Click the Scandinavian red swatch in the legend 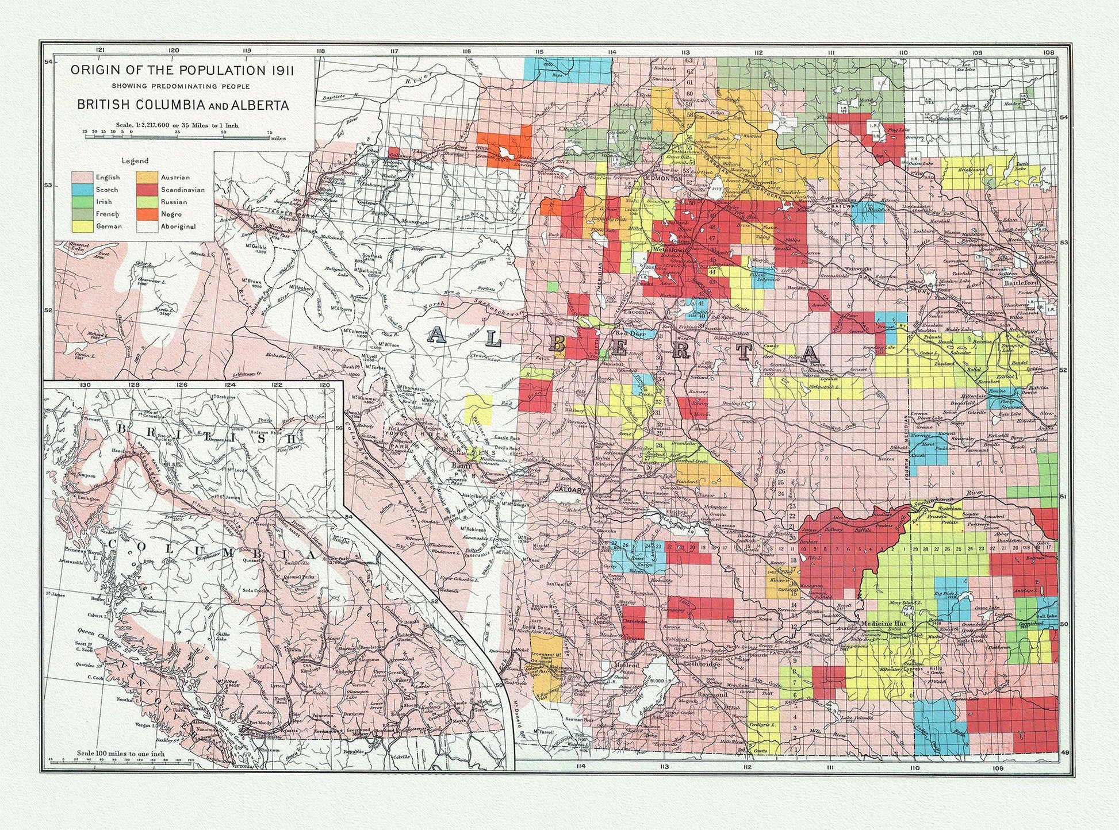pos(147,190)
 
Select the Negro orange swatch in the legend pos(147,214)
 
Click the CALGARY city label pos(570,490)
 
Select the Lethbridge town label pos(703,664)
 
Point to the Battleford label pos(1021,283)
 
